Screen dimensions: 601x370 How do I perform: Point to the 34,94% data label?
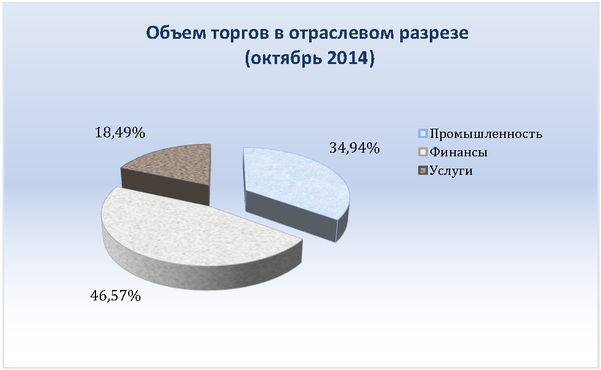coord(355,148)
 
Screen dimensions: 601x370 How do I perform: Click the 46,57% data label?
coord(115,296)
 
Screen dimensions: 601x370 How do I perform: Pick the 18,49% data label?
coord(119,133)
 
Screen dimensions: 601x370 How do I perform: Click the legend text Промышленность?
coord(486,134)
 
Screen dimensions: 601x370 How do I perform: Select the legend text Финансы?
coord(458,152)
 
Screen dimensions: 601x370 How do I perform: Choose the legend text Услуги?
coord(451,171)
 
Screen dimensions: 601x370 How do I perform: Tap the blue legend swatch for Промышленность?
coord(423,134)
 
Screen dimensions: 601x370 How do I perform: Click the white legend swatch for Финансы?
coord(423,152)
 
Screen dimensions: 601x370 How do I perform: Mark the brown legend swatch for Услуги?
coord(423,171)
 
